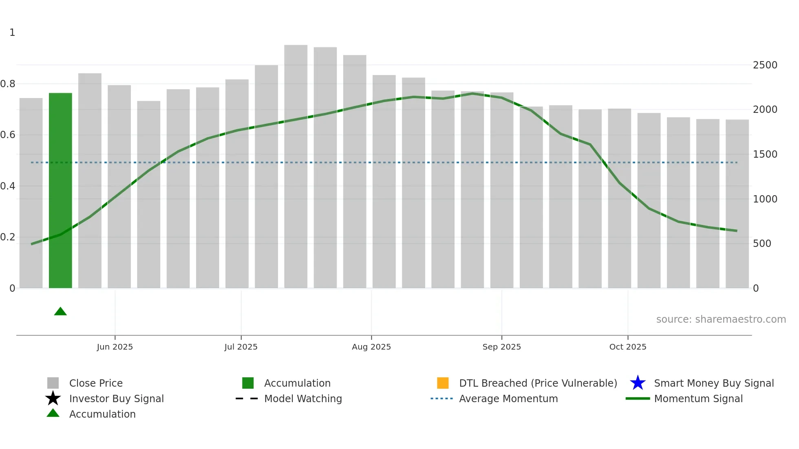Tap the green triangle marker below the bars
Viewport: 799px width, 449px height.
(x=60, y=312)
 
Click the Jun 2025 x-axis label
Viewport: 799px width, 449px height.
(x=115, y=347)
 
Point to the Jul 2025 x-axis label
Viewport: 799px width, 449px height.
(x=241, y=347)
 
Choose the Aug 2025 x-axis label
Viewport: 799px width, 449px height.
(x=371, y=347)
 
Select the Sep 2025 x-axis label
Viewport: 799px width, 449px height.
(x=501, y=347)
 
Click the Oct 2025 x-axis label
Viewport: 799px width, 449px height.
(x=628, y=347)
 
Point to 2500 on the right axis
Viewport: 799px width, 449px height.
(x=765, y=65)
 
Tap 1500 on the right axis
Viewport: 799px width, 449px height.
(x=765, y=154)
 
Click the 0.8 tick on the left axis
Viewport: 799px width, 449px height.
(x=8, y=84)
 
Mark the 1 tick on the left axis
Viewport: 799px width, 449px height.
(x=12, y=33)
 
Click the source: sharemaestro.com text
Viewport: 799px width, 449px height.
(x=721, y=319)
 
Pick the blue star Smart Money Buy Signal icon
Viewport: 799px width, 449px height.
(x=638, y=383)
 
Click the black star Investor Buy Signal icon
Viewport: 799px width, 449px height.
(x=53, y=398)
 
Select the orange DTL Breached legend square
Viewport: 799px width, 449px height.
(x=443, y=383)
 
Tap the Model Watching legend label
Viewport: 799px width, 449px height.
(x=303, y=398)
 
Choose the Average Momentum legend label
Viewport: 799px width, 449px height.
(x=508, y=398)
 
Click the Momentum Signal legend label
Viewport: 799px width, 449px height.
(x=698, y=398)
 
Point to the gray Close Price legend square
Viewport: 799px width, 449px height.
(x=53, y=383)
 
